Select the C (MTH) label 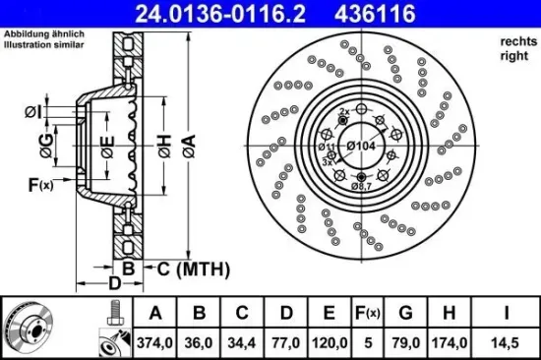click(x=190, y=269)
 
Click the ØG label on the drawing click(x=46, y=149)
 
